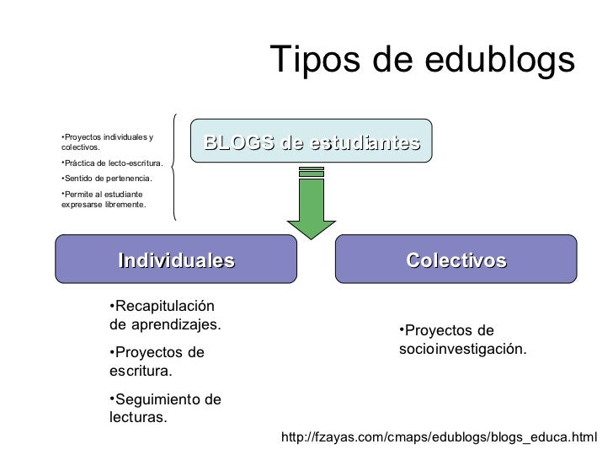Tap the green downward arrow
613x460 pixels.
[x=312, y=211]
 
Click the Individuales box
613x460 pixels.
[x=176, y=259]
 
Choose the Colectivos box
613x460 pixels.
[x=456, y=259]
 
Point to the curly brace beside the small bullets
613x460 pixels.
[x=173, y=166]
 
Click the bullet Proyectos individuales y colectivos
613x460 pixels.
[x=106, y=142]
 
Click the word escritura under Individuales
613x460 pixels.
[x=139, y=370]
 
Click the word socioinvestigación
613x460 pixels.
[x=462, y=348]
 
